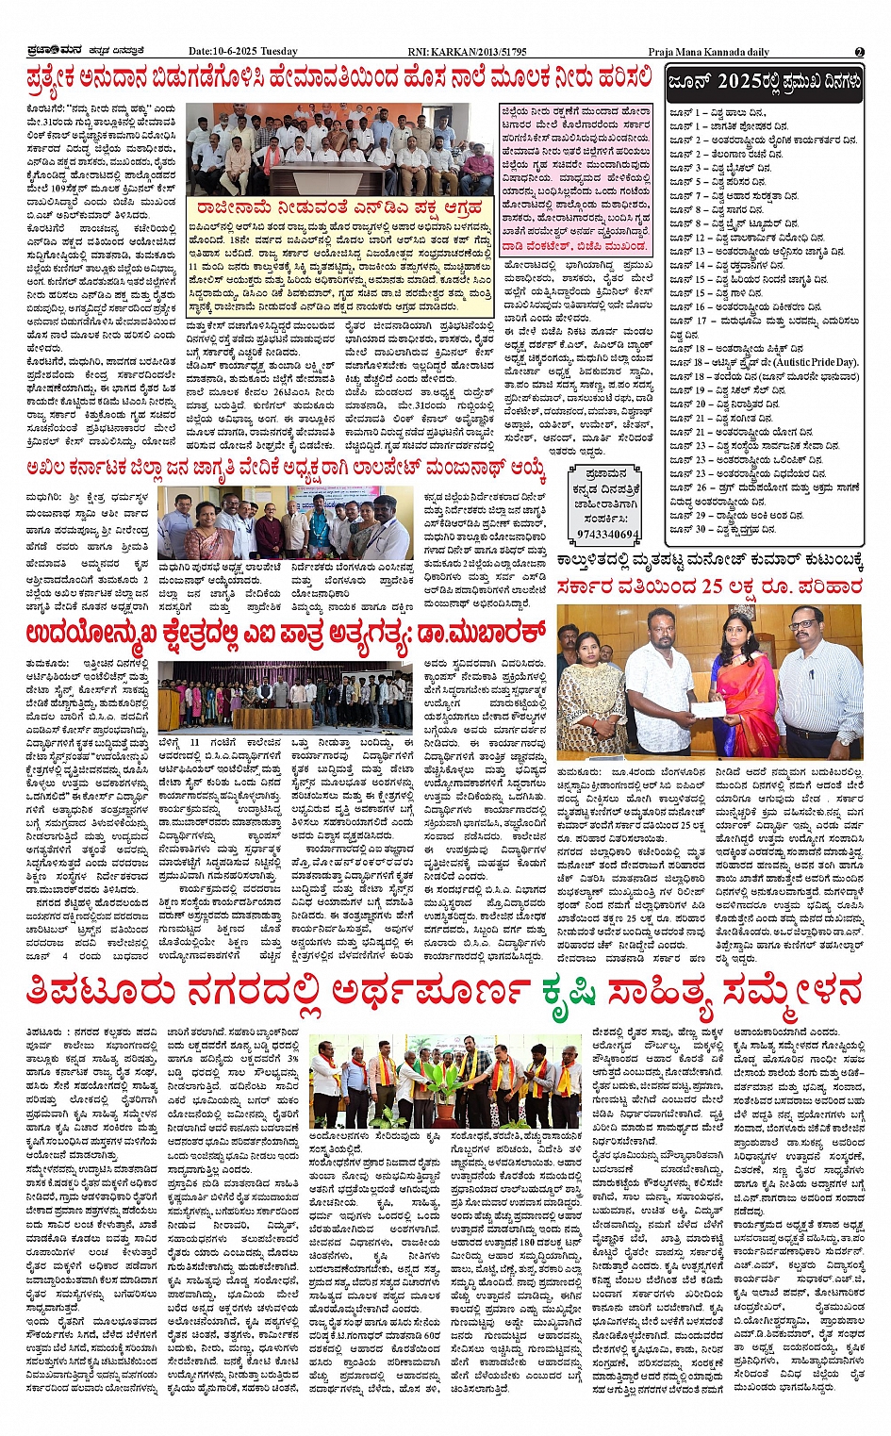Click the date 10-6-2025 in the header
click(x=234, y=51)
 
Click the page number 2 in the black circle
click(x=859, y=51)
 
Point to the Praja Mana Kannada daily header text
click(x=708, y=52)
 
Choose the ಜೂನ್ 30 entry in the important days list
click(x=685, y=530)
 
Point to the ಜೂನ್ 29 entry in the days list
click(x=685, y=516)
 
